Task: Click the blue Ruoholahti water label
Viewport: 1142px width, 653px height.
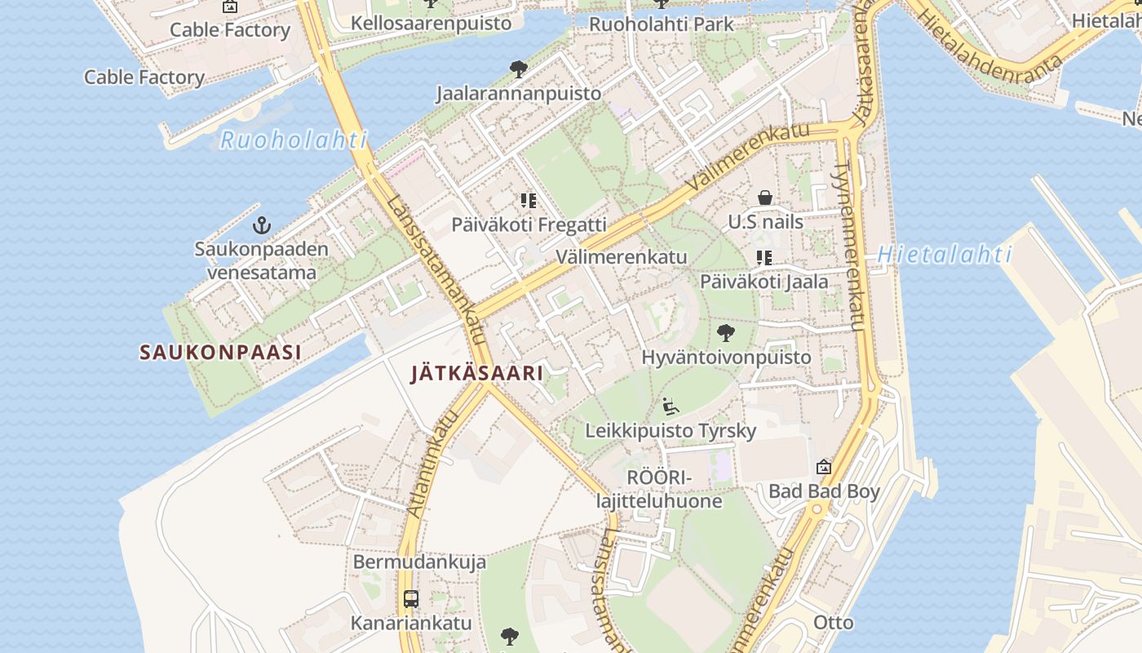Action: click(x=294, y=140)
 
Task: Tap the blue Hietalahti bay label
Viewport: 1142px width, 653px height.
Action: click(x=945, y=255)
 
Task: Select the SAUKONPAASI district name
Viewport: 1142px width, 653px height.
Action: click(x=220, y=353)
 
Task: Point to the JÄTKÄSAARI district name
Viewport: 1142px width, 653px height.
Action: click(x=477, y=374)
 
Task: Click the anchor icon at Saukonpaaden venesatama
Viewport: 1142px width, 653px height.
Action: click(x=262, y=225)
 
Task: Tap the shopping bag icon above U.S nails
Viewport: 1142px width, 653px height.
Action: click(x=765, y=198)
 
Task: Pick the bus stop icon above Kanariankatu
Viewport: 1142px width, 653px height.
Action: click(x=411, y=599)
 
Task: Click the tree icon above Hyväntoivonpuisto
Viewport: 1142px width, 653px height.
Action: click(x=725, y=333)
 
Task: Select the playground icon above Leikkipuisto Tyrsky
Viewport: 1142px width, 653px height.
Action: click(x=671, y=406)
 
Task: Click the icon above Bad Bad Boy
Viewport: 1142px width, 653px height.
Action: click(x=824, y=467)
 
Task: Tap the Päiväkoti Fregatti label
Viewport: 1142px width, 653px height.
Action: click(x=529, y=224)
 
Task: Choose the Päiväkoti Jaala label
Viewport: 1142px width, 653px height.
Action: click(x=764, y=282)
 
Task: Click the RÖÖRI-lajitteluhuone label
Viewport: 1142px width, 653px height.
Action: click(x=659, y=489)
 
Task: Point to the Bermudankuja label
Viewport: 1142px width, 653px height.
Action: click(x=419, y=562)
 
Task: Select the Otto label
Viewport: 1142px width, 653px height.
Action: click(x=834, y=623)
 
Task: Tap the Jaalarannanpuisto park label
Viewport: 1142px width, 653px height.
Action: click(x=519, y=94)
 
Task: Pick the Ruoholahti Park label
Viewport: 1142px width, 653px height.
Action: click(x=662, y=24)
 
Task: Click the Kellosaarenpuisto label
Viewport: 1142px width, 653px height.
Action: click(x=431, y=23)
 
